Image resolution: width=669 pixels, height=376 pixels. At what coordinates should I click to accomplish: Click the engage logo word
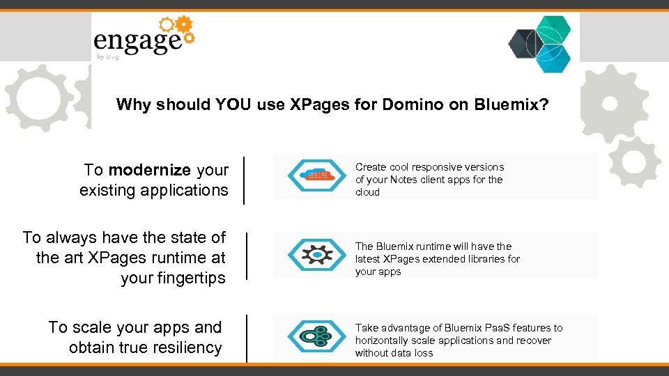click(137, 41)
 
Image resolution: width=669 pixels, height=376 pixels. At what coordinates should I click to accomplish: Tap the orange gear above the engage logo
click(184, 26)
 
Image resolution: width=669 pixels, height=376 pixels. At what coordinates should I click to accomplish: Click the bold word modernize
click(150, 170)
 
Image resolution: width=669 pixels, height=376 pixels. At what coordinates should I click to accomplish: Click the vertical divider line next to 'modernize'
click(244, 180)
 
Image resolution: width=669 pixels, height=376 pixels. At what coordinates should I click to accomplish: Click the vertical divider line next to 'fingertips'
click(246, 257)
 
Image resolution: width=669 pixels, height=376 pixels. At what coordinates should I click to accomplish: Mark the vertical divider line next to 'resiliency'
click(246, 338)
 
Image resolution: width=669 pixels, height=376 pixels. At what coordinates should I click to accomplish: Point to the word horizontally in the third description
click(382, 340)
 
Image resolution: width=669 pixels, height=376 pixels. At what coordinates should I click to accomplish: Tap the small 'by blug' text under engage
click(107, 56)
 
